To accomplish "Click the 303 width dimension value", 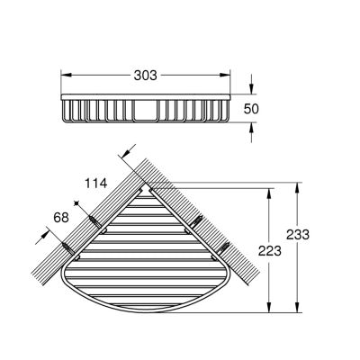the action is point(145,76).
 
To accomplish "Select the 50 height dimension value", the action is point(251,109).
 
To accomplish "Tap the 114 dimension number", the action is point(95,183).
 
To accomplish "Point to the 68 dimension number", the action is point(61,217).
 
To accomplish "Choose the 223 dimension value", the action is point(270,251).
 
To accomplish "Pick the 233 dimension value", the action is point(297,234).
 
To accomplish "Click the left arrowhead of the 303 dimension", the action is point(66,75).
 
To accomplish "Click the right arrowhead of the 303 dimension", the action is point(225,75).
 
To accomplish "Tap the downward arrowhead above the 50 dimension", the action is point(251,89).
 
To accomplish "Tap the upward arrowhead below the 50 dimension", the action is point(251,128).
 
